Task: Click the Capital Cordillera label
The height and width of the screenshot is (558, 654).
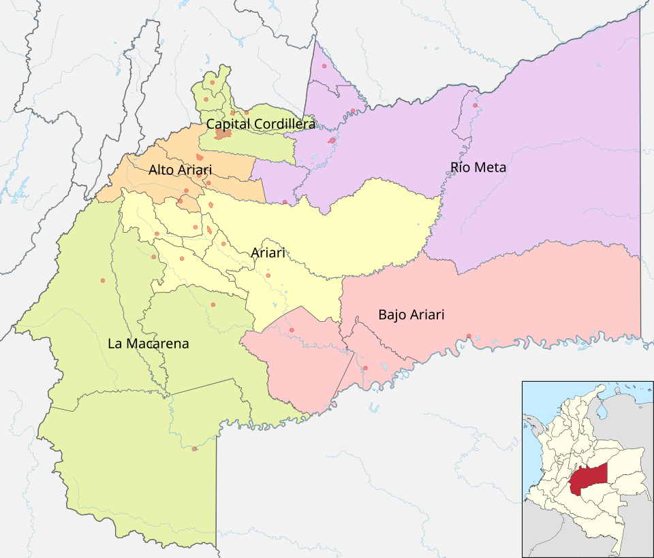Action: click(x=261, y=124)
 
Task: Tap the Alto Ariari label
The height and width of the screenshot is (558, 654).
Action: click(x=180, y=169)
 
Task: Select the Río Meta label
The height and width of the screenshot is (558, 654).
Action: click(x=478, y=167)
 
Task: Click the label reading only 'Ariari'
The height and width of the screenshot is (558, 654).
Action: click(x=268, y=252)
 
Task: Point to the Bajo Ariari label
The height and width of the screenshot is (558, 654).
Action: click(x=411, y=314)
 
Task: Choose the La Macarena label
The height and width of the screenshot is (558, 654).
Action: click(x=148, y=344)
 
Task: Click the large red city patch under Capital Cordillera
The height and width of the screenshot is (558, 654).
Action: click(x=223, y=134)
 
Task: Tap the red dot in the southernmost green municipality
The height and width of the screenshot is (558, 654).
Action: click(x=195, y=448)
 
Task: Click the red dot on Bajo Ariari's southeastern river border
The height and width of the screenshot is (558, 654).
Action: click(x=469, y=335)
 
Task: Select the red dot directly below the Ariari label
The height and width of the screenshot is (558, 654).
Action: click(x=268, y=275)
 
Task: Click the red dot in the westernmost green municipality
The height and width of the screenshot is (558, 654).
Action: click(x=102, y=280)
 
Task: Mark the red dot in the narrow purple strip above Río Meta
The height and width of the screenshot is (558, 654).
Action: click(x=475, y=105)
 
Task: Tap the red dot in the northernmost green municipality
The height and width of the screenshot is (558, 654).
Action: click(x=213, y=82)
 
